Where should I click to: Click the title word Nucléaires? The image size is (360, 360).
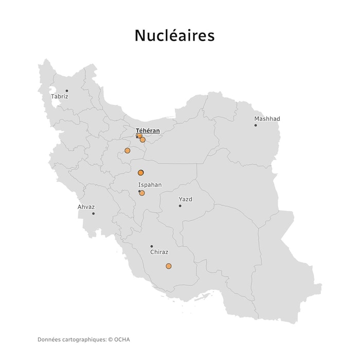click(x=174, y=35)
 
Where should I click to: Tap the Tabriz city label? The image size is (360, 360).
click(x=60, y=97)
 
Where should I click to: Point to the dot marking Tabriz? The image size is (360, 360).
click(x=66, y=91)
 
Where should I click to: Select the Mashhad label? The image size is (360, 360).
click(x=267, y=119)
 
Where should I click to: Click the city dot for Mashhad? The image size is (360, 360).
click(x=256, y=125)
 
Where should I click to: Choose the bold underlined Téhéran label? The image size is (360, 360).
click(x=148, y=131)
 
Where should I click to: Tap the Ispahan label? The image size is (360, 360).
click(x=150, y=185)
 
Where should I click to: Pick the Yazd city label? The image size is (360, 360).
click(x=185, y=199)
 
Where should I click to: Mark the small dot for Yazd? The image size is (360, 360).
click(x=180, y=206)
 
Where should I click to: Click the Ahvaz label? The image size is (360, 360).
click(x=86, y=207)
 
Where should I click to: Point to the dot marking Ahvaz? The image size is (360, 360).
click(x=93, y=213)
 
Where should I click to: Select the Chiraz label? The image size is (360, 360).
click(x=159, y=253)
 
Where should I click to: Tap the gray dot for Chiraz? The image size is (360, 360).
click(x=152, y=246)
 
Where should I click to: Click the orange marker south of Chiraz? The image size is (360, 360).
click(x=169, y=266)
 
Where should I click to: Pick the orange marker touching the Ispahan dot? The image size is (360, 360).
click(x=142, y=193)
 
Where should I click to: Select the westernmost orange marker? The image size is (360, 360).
click(x=127, y=151)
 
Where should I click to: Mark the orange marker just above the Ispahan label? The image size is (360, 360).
click(x=140, y=173)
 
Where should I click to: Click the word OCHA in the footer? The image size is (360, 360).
click(x=122, y=339)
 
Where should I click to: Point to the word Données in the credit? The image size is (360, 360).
click(x=49, y=339)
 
